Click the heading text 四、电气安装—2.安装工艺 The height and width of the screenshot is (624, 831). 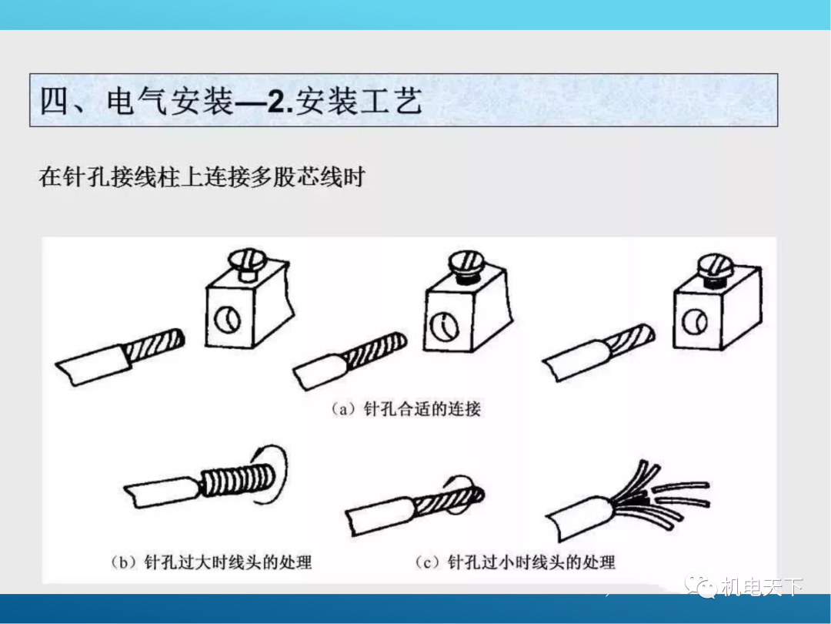click(x=231, y=101)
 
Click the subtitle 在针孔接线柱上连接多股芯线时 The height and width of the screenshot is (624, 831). click(x=202, y=177)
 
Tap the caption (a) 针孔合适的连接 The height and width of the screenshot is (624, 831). click(x=405, y=409)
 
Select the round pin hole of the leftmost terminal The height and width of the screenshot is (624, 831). click(x=226, y=317)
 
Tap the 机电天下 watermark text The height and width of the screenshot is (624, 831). click(x=762, y=587)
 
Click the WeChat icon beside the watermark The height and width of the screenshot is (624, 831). click(x=703, y=587)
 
